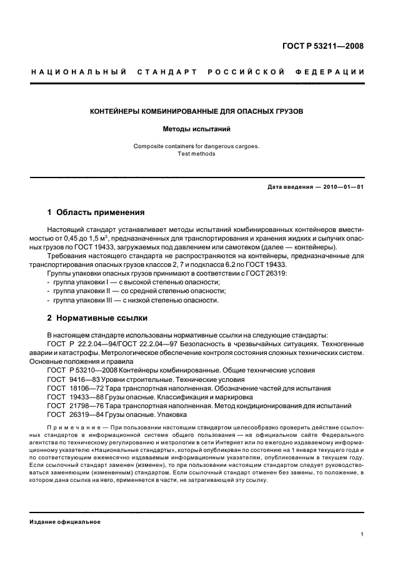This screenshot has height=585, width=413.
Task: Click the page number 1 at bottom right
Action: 362,535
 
